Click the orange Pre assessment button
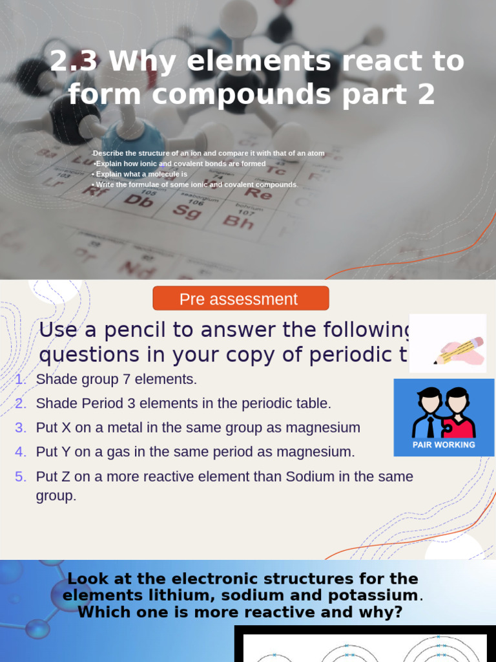(240, 299)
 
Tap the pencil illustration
(458, 350)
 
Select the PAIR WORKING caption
(444, 445)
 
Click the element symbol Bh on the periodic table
(238, 223)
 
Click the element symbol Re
(258, 193)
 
